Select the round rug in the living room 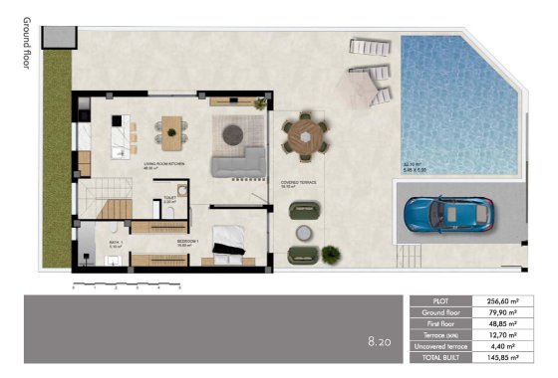point(239,132)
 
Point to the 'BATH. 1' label point(115,241)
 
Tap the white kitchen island point(122,134)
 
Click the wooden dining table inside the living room point(171,129)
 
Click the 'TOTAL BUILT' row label point(441,359)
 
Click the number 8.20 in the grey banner point(380,341)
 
